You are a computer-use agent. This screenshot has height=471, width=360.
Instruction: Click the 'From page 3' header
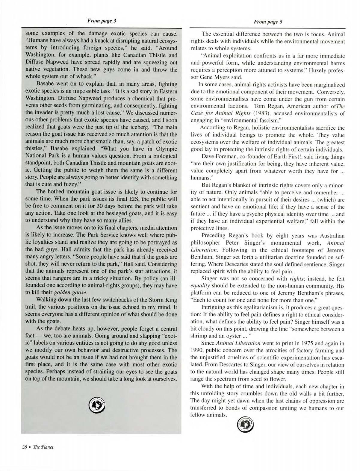click(x=101, y=21)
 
